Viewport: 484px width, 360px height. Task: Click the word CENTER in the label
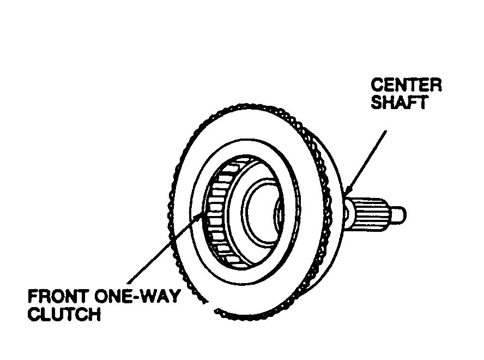(406, 86)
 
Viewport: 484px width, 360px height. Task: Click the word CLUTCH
(64, 315)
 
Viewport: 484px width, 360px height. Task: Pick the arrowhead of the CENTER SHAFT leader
(347, 193)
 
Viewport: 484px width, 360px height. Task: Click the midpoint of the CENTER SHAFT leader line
(366, 161)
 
